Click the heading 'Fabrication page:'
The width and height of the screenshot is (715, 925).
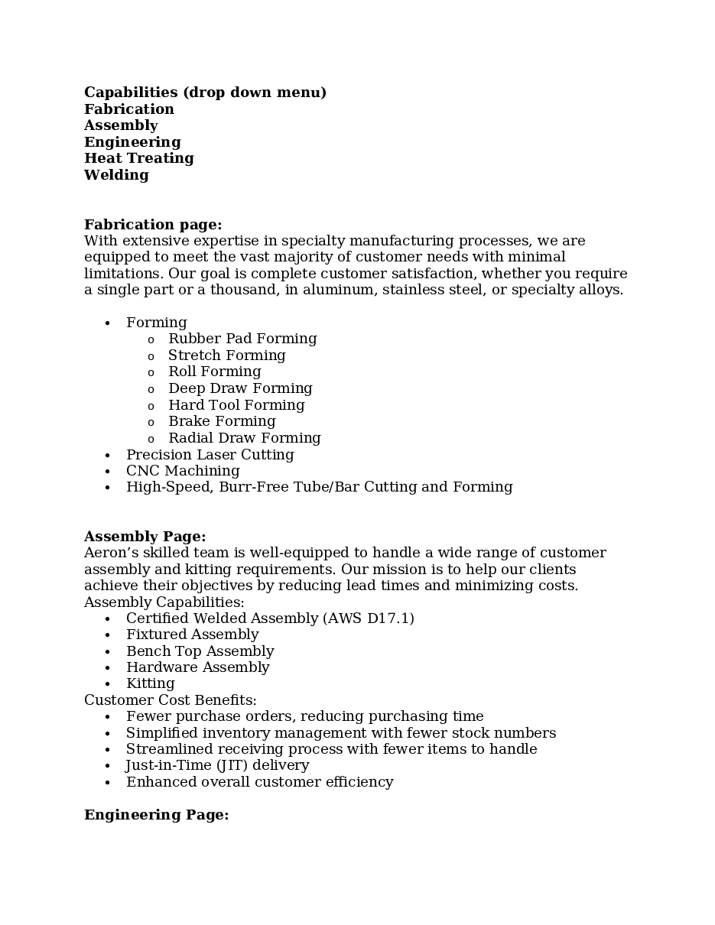(x=153, y=225)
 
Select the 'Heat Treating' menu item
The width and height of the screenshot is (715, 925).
(x=138, y=158)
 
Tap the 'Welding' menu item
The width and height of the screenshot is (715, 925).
(x=116, y=175)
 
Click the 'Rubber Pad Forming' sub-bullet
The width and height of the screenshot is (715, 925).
(x=242, y=339)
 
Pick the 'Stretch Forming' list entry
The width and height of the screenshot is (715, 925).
(x=226, y=355)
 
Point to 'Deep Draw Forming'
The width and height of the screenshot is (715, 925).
(x=240, y=388)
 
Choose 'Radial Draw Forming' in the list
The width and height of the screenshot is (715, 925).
(x=244, y=438)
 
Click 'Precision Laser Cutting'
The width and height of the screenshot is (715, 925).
(x=210, y=455)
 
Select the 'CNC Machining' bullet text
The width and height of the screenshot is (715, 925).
(x=183, y=471)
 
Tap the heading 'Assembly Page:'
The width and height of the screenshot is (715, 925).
(x=145, y=537)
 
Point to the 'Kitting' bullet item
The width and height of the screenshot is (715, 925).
(x=150, y=683)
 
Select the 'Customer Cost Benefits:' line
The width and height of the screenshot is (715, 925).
(x=170, y=700)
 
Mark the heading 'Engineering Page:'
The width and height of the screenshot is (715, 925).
(x=156, y=815)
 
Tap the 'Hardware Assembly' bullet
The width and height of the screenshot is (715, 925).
(x=197, y=667)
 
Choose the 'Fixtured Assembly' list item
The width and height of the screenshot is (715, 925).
(x=192, y=635)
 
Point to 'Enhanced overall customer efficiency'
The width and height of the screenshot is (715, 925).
(x=259, y=782)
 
